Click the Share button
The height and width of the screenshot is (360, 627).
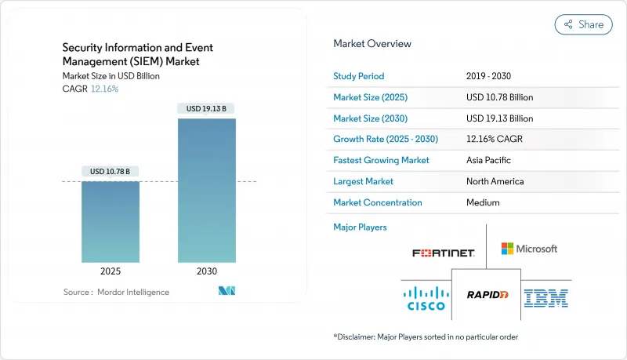[584, 24]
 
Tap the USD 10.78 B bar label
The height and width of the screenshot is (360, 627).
[111, 171]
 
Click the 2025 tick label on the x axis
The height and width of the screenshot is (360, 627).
[111, 271]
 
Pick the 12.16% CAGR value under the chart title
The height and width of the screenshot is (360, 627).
[103, 89]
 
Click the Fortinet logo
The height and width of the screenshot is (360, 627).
[444, 253]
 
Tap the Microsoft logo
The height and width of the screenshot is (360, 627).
[529, 249]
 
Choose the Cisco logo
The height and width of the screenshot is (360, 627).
[424, 297]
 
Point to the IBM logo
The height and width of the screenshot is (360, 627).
[546, 297]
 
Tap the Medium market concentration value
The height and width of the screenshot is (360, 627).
[483, 202]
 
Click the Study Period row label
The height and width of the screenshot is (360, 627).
[359, 76]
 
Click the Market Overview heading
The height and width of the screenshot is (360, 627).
[372, 44]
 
